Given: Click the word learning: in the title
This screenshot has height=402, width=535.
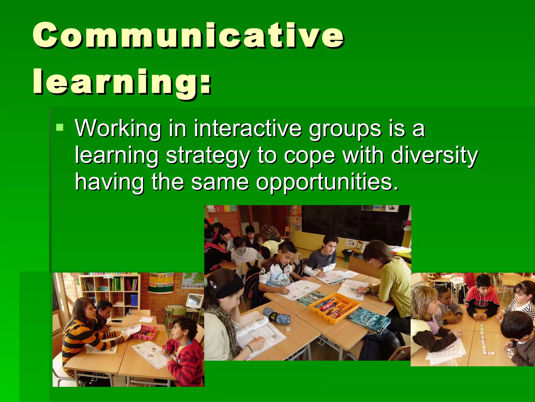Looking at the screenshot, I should pyautogui.click(x=122, y=82).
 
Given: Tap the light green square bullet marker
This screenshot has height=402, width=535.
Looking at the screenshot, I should pyautogui.click(x=60, y=127).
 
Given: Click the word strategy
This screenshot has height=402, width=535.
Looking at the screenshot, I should pyautogui.click(x=208, y=156).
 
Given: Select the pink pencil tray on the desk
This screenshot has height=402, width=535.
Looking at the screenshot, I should pyautogui.click(x=145, y=331).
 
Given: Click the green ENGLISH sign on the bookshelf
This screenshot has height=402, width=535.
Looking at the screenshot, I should pyautogui.click(x=108, y=276).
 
